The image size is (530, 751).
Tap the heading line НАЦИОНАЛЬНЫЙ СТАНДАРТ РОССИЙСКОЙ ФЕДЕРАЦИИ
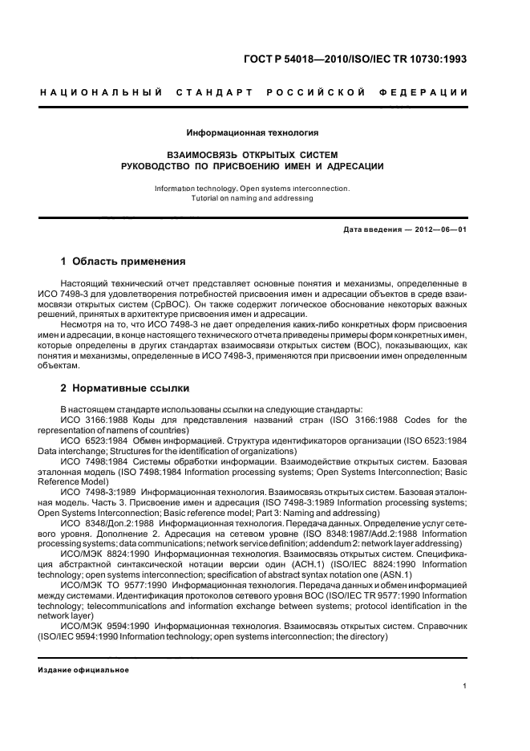pos(254,93)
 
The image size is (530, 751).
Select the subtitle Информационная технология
pos(253,132)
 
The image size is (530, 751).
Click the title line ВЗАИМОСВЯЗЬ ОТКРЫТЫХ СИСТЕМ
pos(253,153)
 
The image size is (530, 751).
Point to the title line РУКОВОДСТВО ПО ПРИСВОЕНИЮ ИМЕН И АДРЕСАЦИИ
pos(253,166)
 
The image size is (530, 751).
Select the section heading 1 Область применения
pos(123,262)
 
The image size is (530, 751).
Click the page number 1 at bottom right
pos(465,685)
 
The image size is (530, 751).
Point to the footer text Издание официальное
pos(84,669)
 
